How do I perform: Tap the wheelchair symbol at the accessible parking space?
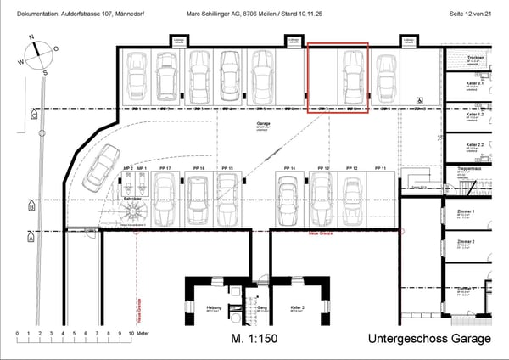point(420,99)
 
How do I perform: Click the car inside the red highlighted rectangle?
point(350,78)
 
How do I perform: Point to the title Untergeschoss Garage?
point(429,339)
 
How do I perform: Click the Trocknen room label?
point(474,56)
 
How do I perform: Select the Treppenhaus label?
point(469,168)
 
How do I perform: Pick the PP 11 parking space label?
point(379,169)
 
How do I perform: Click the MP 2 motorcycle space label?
point(127,169)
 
